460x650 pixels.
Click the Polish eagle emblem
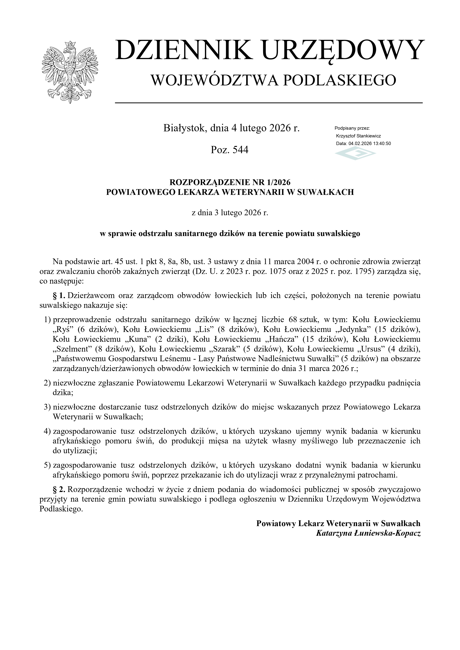click(70, 72)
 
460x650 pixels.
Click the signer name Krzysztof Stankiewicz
click(358, 136)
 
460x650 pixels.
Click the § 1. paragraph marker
click(59, 296)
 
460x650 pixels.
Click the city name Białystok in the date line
click(184, 128)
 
